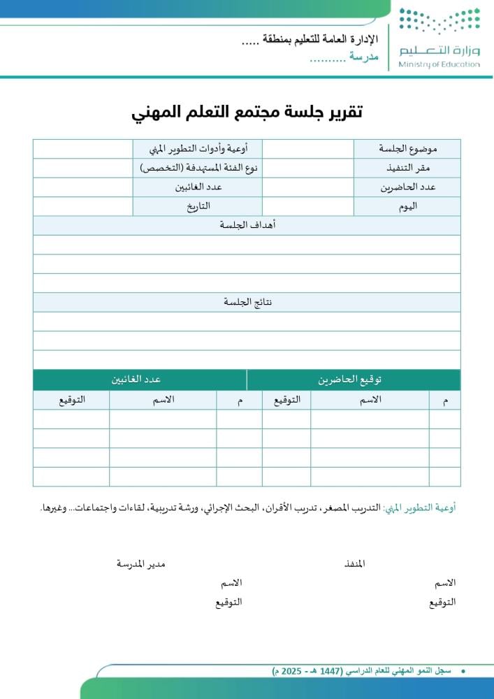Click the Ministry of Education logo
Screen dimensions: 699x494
click(x=439, y=38)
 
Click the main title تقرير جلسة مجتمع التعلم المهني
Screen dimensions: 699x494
click(x=247, y=112)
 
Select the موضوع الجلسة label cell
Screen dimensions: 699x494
click(x=407, y=149)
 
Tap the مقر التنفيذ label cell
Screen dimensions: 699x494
click(x=407, y=168)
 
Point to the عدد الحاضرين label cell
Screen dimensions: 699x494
click(x=407, y=187)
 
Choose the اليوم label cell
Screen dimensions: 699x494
click(x=407, y=206)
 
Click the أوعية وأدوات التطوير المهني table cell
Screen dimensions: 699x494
click(x=198, y=149)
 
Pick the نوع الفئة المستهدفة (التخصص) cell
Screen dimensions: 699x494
click(x=198, y=168)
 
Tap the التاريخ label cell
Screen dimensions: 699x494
click(x=198, y=206)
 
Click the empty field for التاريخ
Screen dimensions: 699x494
click(x=82, y=206)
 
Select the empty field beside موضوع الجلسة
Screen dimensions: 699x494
click(x=308, y=149)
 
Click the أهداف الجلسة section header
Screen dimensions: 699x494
click(x=247, y=225)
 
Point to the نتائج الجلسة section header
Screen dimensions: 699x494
click(x=247, y=302)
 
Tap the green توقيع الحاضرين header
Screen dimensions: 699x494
click(x=354, y=380)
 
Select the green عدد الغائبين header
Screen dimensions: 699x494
click(x=139, y=380)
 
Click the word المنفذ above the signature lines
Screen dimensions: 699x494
click(x=355, y=563)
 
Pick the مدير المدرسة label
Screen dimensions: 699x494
click(x=140, y=563)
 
